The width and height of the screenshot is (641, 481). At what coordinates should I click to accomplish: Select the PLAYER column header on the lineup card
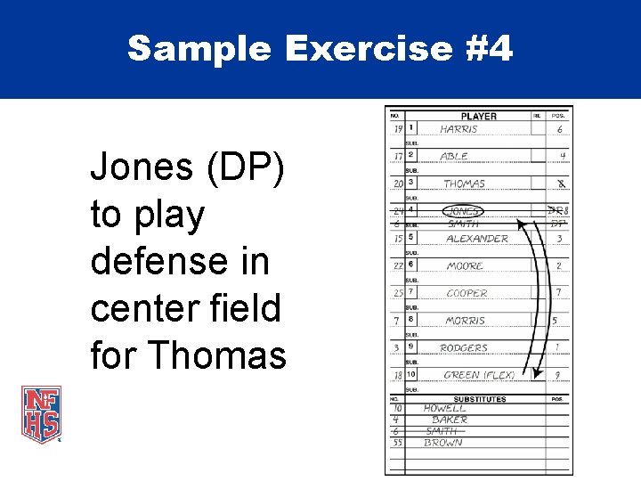pos(478,116)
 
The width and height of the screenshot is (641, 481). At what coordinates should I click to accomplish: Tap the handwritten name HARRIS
pos(458,129)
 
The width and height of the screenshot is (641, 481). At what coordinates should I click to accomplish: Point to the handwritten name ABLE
pos(454,156)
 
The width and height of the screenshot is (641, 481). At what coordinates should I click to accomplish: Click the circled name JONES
pos(464,211)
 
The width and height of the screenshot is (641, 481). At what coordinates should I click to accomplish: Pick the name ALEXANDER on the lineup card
pos(476,239)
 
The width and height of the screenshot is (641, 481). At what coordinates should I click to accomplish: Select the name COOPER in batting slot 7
pos(467,293)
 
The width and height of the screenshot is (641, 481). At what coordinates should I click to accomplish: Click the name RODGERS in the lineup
pos(464,347)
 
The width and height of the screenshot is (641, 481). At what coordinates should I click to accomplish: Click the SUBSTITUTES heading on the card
pos(479,399)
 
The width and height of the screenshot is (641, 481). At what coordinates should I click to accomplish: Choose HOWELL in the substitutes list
pos(444,408)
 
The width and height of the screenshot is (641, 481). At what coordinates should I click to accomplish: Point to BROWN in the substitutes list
pos(442,443)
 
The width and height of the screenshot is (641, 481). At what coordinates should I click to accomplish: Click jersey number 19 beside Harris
pos(397,129)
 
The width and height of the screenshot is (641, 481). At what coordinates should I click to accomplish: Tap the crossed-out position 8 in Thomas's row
pos(560,183)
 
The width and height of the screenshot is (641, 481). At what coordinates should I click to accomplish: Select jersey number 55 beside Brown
pos(396,443)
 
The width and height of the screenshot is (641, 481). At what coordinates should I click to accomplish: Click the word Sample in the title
pos(199,49)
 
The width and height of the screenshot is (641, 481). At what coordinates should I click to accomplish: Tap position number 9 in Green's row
pos(558,375)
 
